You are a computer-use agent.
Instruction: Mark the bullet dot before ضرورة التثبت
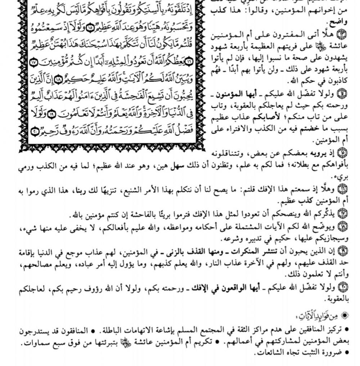click(x=347, y=354)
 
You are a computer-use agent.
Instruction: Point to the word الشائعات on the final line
click(x=272, y=354)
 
